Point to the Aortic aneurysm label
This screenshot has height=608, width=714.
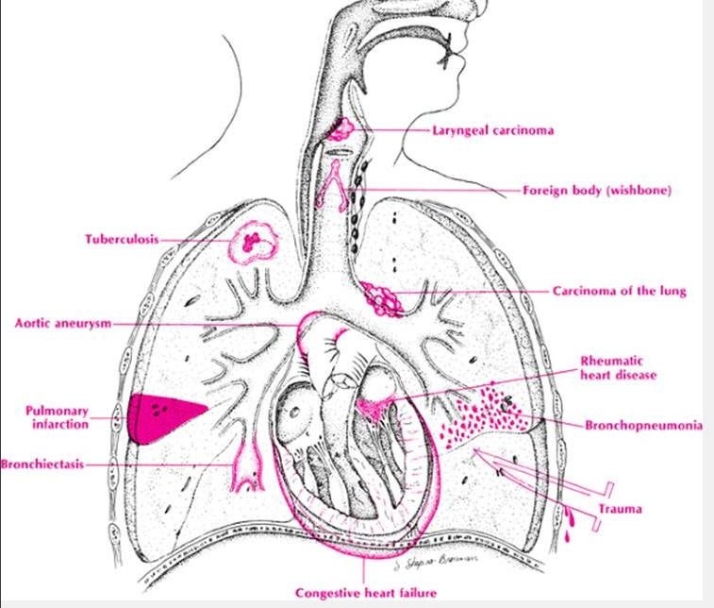click(x=62, y=323)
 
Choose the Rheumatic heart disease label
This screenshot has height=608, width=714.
click(x=619, y=368)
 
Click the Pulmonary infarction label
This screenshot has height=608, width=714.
click(x=58, y=418)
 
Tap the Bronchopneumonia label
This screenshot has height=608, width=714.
click(x=643, y=426)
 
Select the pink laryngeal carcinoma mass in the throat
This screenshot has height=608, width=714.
click(x=339, y=128)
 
